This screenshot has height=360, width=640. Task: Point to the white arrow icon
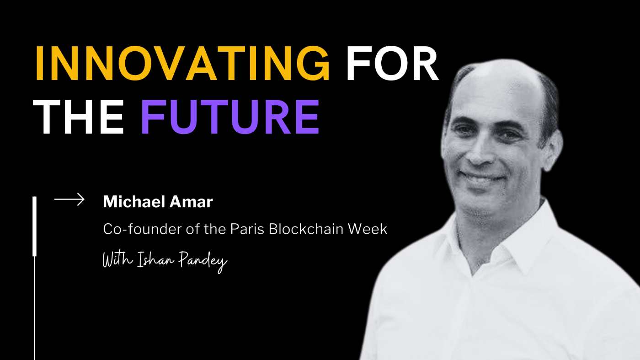[69, 199]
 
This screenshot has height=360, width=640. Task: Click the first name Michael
[130, 202]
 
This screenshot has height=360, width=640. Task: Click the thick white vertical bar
[34, 226]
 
